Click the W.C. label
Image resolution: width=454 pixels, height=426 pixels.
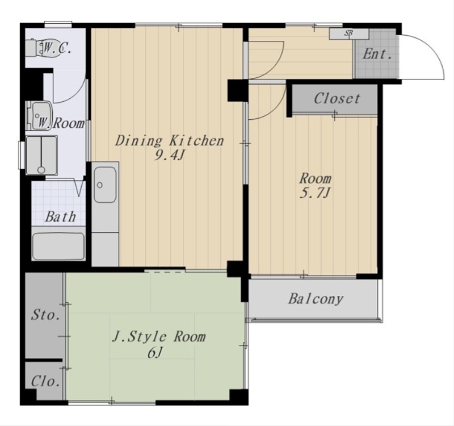pyautogui.click(x=57, y=48)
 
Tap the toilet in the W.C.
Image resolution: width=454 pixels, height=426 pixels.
pyautogui.click(x=37, y=48)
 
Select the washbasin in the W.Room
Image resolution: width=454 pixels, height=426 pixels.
pyautogui.click(x=40, y=116)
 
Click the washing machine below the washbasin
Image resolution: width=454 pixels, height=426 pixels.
pyautogui.click(x=41, y=155)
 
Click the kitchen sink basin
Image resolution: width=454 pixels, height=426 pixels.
pyautogui.click(x=105, y=185)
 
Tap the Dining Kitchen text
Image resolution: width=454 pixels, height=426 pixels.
pyautogui.click(x=170, y=141)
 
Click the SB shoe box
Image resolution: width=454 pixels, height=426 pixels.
pyautogui.click(x=349, y=34)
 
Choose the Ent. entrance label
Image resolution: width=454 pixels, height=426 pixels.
pyautogui.click(x=377, y=54)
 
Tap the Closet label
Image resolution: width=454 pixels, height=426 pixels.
pyautogui.click(x=337, y=98)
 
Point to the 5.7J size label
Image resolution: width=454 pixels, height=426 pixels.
pyautogui.click(x=315, y=193)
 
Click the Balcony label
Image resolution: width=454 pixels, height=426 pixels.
pyautogui.click(x=316, y=299)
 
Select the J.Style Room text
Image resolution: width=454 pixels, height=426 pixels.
pyautogui.click(x=159, y=337)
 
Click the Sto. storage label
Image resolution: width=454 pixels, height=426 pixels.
pyautogui.click(x=46, y=315)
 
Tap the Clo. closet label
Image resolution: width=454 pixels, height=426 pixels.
pyautogui.click(x=45, y=381)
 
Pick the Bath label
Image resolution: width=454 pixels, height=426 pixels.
pyautogui.click(x=61, y=216)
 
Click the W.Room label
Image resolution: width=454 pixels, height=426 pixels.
pyautogui.click(x=61, y=123)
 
